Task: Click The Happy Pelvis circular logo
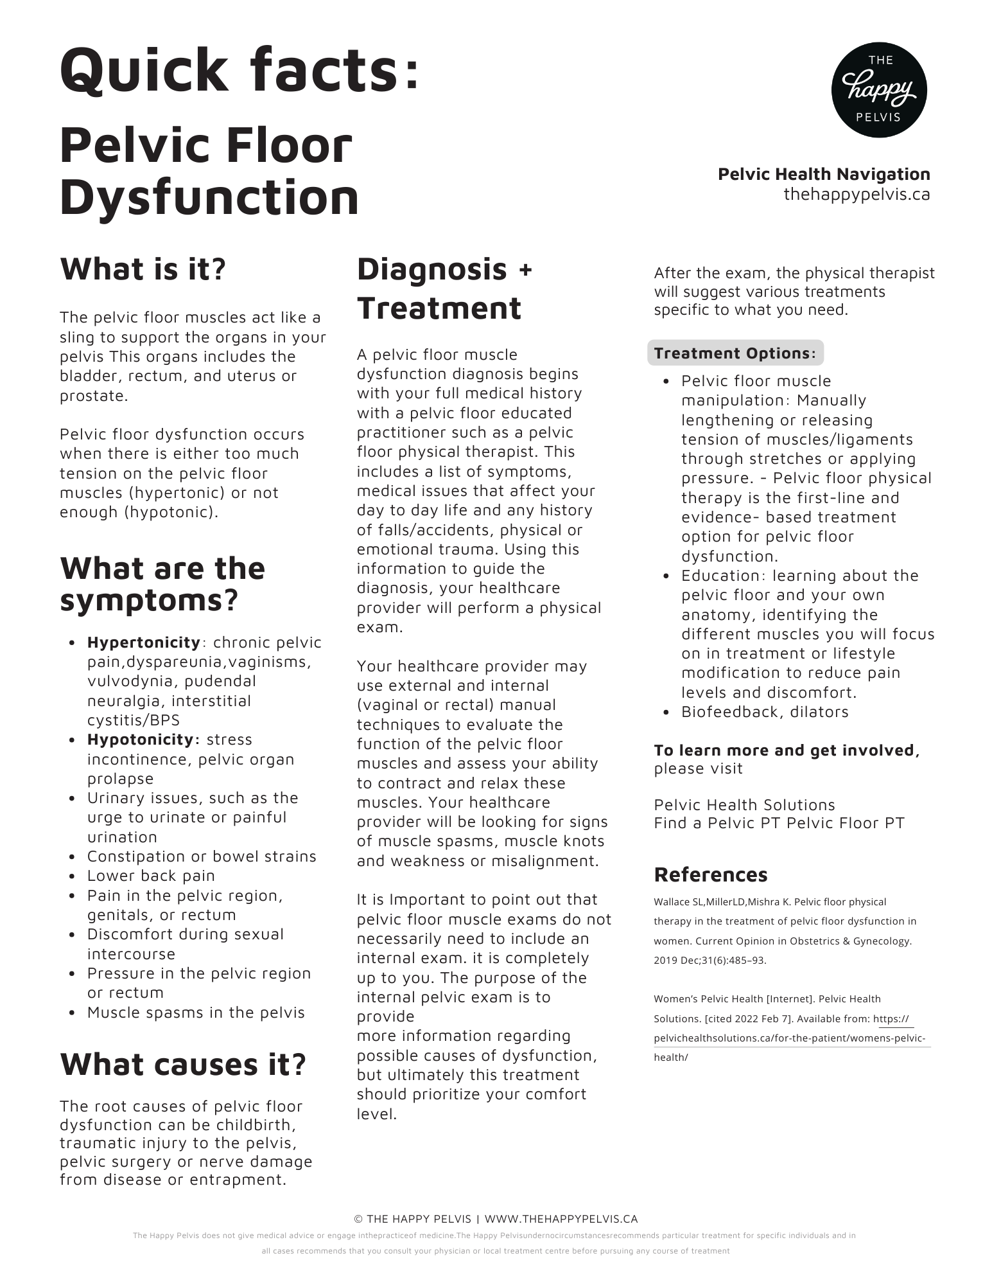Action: click(x=878, y=90)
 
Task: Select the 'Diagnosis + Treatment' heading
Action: click(x=444, y=288)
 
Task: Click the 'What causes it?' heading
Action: click(x=183, y=1064)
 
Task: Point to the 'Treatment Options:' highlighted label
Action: click(x=735, y=353)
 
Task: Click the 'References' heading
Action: click(x=710, y=874)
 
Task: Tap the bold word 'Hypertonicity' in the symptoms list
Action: click(x=144, y=642)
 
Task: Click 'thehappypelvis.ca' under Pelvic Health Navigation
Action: click(x=856, y=194)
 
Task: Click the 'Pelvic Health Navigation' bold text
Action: click(x=823, y=174)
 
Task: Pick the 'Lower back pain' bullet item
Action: click(x=151, y=876)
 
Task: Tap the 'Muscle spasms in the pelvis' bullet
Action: click(x=196, y=1013)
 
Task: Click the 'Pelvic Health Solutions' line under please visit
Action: click(x=744, y=805)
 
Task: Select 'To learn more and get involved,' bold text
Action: click(x=787, y=750)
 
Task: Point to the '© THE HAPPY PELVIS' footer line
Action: click(x=413, y=1219)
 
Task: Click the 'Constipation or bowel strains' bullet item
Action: click(x=202, y=856)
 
